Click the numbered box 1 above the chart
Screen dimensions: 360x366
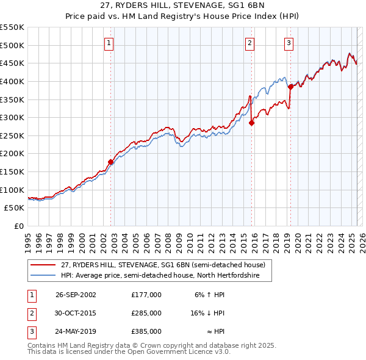coord(109,43)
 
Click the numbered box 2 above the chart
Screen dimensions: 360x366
coord(250,43)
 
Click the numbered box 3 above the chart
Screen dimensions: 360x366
coord(289,43)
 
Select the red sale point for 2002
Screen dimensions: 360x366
coord(111,162)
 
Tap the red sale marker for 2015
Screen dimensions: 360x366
coord(252,123)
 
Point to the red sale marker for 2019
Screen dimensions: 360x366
coord(290,87)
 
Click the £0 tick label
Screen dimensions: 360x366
coord(19,226)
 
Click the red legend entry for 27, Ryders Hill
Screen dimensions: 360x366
coord(163,265)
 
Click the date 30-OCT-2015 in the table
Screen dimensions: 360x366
coord(76,313)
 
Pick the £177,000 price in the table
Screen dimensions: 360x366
coord(146,295)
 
